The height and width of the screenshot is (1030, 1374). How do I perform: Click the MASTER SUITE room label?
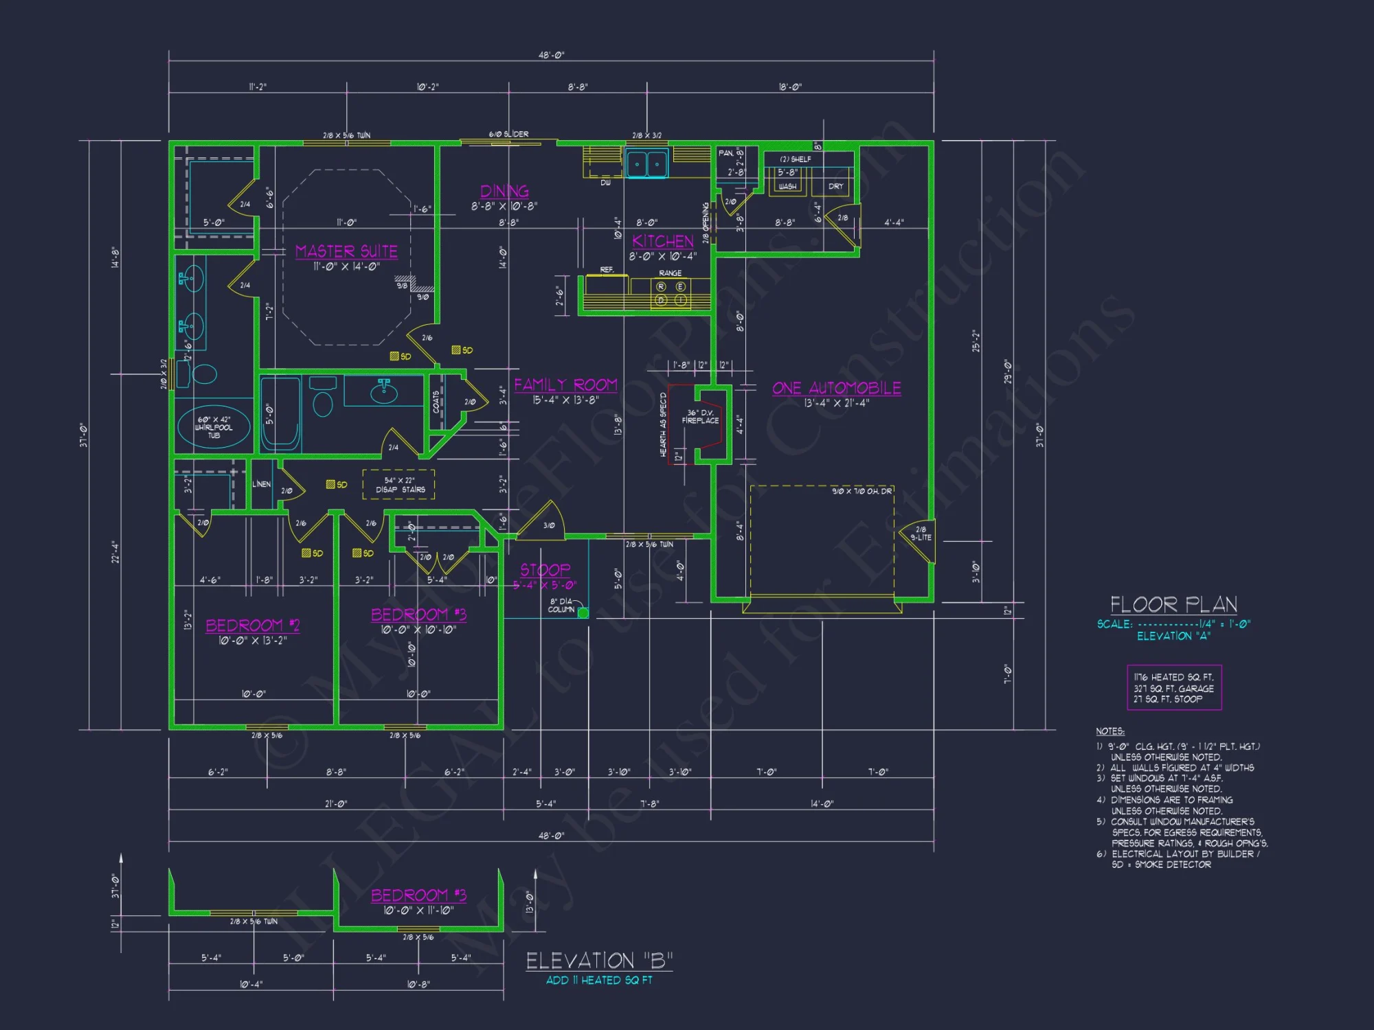[x=346, y=251]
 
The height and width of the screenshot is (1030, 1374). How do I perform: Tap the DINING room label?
[x=504, y=191]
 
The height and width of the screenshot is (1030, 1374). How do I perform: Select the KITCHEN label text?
[x=663, y=241]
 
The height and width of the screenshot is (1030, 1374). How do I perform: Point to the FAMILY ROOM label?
[x=565, y=385]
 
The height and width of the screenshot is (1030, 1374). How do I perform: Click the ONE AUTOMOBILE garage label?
[x=836, y=388]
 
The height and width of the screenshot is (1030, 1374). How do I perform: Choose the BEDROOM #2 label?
[x=253, y=625]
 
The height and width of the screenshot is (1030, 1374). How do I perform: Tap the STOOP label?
[x=545, y=570]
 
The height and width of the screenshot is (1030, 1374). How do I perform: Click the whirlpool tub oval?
[x=214, y=426]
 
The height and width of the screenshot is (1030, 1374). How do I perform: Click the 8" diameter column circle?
[x=583, y=613]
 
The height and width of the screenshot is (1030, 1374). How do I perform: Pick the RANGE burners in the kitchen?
[x=671, y=293]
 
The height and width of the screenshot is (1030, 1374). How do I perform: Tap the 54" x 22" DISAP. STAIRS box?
[x=399, y=485]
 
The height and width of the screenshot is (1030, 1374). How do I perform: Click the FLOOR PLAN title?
[x=1173, y=604]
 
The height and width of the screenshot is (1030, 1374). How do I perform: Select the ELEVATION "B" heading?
[x=599, y=960]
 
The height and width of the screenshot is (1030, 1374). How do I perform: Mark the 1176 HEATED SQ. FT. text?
[x=1173, y=677]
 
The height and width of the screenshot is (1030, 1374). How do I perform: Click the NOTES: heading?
[x=1110, y=731]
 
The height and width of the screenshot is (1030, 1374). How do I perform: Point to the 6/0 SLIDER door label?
[x=508, y=134]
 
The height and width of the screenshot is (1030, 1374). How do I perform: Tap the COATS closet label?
[x=436, y=402]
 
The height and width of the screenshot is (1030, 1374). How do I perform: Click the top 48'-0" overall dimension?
[x=551, y=55]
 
